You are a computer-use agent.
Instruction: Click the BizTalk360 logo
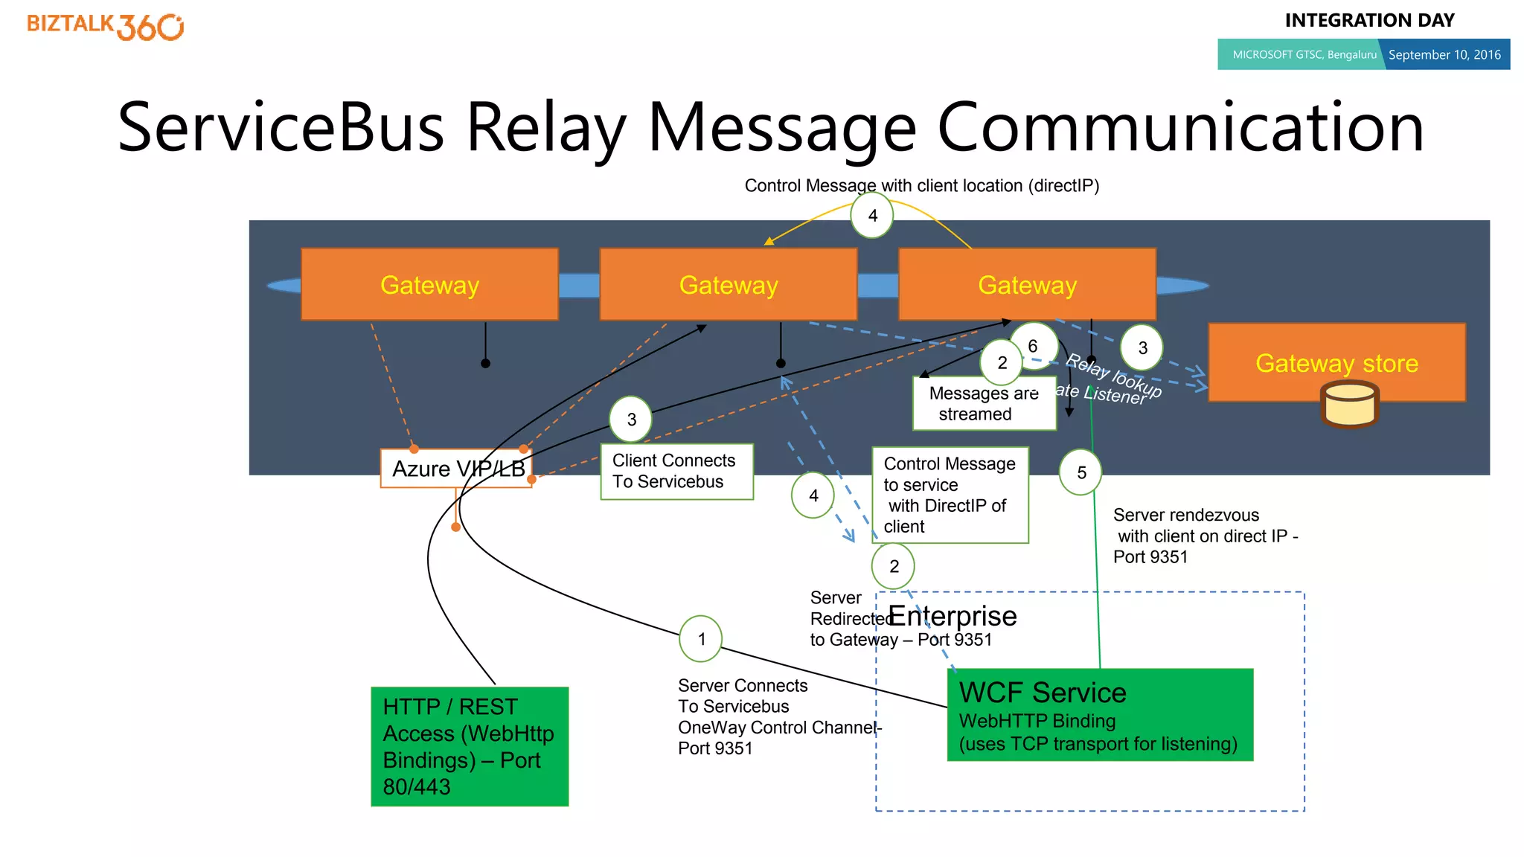tap(105, 27)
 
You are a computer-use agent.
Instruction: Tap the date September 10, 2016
tap(1444, 55)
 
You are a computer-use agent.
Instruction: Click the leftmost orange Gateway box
tap(429, 285)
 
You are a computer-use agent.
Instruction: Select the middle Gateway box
tap(728, 285)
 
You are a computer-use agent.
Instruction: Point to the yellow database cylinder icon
tap(1349, 405)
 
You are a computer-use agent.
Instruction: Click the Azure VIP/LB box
tap(456, 469)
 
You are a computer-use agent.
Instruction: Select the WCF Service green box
tap(1099, 715)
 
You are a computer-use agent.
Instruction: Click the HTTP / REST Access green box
tap(470, 746)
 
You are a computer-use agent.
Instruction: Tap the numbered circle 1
tap(701, 639)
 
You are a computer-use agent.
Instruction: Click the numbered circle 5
tap(1080, 472)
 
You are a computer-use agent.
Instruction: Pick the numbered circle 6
tap(1034, 345)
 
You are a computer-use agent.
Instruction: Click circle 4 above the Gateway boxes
tap(872, 216)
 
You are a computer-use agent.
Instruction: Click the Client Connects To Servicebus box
tap(676, 472)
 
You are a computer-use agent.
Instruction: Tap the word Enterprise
tap(952, 616)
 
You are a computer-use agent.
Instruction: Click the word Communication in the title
tap(1179, 128)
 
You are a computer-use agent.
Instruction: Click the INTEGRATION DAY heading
tap(1369, 21)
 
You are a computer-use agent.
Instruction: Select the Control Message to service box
tap(950, 495)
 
